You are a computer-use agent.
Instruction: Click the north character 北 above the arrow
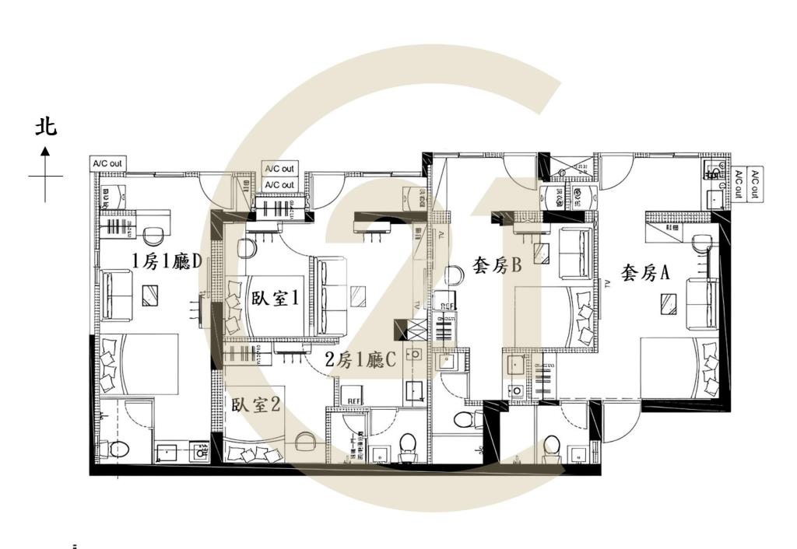46,127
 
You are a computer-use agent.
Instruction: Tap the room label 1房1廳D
167,261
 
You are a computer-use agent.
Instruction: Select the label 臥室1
276,299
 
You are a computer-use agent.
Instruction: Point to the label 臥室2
256,405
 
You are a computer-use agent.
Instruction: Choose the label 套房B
496,267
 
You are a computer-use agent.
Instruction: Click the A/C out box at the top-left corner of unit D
107,163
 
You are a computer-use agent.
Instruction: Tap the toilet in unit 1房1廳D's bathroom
118,449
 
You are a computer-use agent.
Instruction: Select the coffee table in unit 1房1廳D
151,294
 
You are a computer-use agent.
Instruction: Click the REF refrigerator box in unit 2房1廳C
354,400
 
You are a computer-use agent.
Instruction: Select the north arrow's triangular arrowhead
46,150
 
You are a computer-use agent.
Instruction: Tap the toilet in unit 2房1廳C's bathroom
406,443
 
